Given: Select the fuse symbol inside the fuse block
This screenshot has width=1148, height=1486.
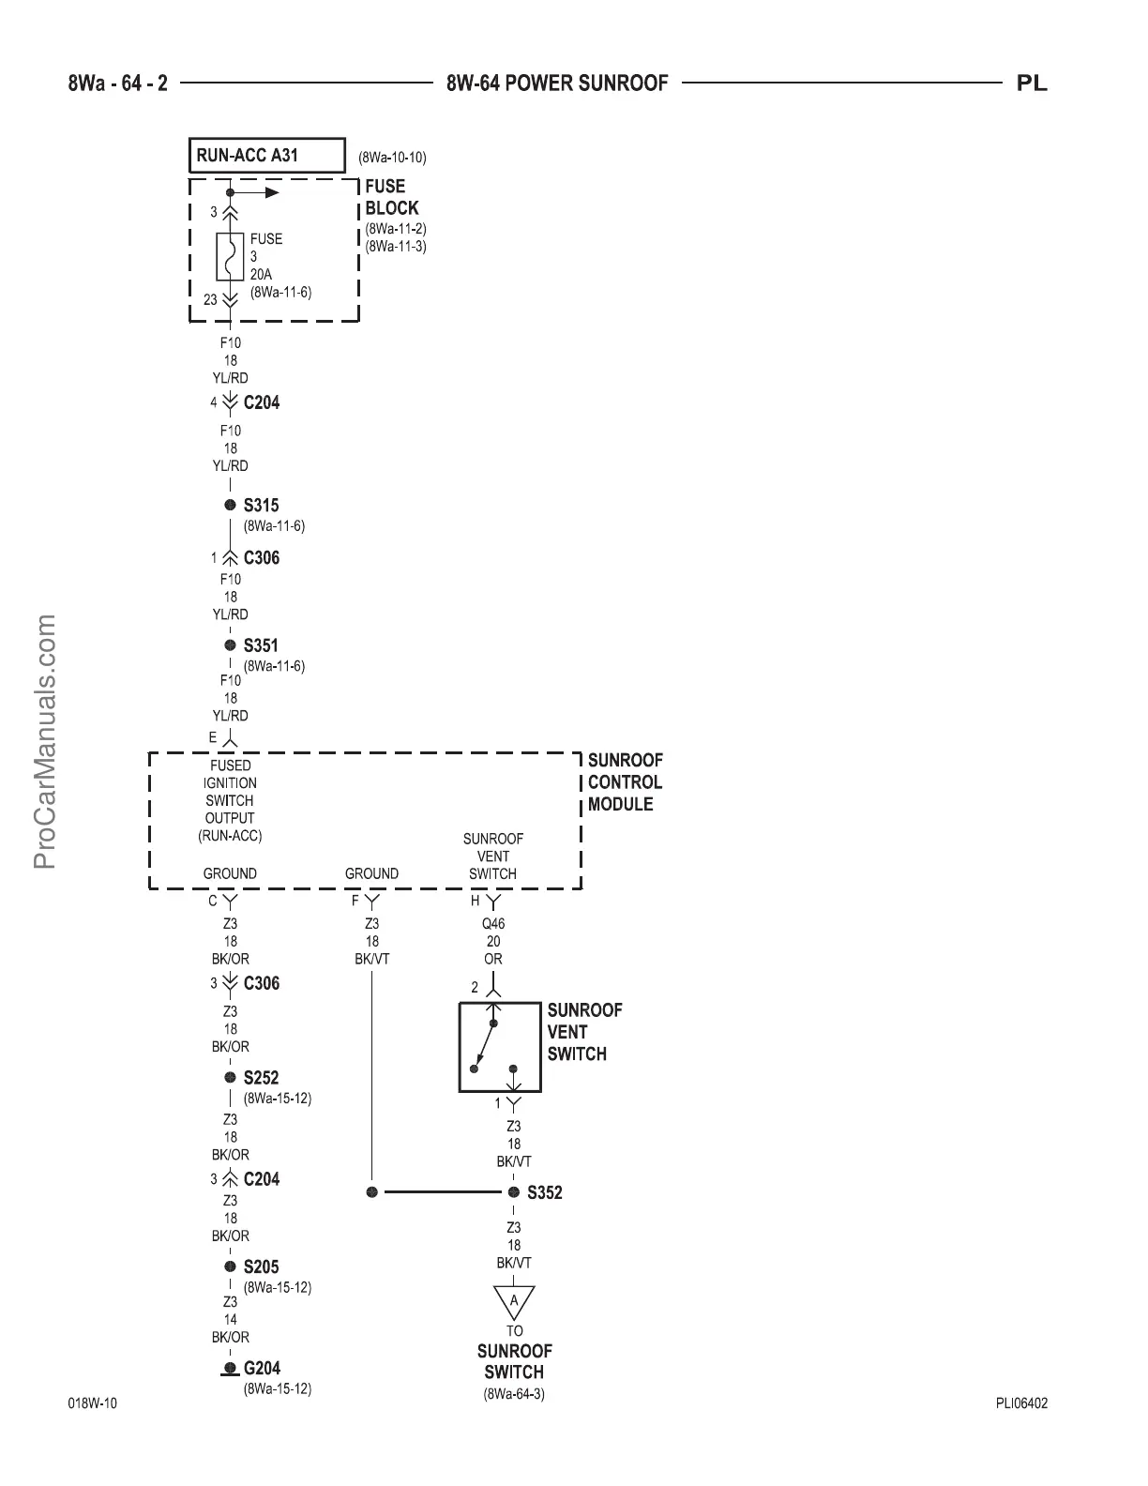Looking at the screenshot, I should click(230, 256).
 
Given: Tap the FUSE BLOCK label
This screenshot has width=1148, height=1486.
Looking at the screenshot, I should click(391, 197).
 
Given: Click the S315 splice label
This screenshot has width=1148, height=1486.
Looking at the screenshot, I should click(261, 506).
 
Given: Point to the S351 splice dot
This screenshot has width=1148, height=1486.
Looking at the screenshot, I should click(230, 645).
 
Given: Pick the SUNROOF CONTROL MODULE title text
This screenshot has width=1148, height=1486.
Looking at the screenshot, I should click(624, 782).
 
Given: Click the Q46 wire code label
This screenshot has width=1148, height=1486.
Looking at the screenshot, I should click(493, 924).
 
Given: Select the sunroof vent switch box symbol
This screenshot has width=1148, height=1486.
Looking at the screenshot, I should click(499, 1047).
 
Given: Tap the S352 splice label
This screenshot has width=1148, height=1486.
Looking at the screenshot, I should click(545, 1193).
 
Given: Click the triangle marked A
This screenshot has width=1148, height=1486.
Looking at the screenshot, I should click(514, 1301).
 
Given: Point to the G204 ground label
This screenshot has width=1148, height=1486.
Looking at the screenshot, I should click(262, 1369).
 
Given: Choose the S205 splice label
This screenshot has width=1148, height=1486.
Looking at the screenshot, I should click(261, 1267).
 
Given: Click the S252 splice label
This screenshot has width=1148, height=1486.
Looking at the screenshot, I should click(261, 1079).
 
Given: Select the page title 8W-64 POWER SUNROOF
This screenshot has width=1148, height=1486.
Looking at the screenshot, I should click(557, 83).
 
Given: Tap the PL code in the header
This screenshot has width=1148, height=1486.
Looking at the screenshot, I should click(1032, 83).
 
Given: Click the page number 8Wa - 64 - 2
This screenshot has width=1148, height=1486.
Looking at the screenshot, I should click(118, 83).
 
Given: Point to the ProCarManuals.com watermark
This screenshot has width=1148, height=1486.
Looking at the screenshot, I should click(45, 741).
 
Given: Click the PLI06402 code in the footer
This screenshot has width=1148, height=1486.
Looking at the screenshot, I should click(1021, 1404).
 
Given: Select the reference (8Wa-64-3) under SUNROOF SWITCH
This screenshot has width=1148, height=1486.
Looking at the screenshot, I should click(514, 1394).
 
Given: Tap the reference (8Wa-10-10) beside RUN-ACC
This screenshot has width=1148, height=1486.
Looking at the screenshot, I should click(392, 158).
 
